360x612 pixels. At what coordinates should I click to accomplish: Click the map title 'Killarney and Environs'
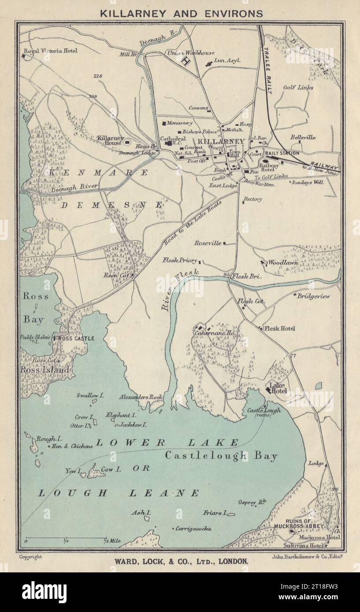181,13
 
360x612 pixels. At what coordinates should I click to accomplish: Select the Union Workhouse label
190,53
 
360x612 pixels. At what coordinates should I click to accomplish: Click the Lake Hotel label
278,388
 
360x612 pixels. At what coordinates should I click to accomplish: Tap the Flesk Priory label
180,260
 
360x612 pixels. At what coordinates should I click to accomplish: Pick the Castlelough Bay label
221,456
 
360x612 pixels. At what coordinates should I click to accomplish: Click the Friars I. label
215,512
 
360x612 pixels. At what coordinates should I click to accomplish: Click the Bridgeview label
313,296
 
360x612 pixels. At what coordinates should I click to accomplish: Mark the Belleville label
303,137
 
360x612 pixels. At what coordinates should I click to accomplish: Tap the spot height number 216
98,76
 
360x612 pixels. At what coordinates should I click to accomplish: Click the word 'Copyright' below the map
31,557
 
